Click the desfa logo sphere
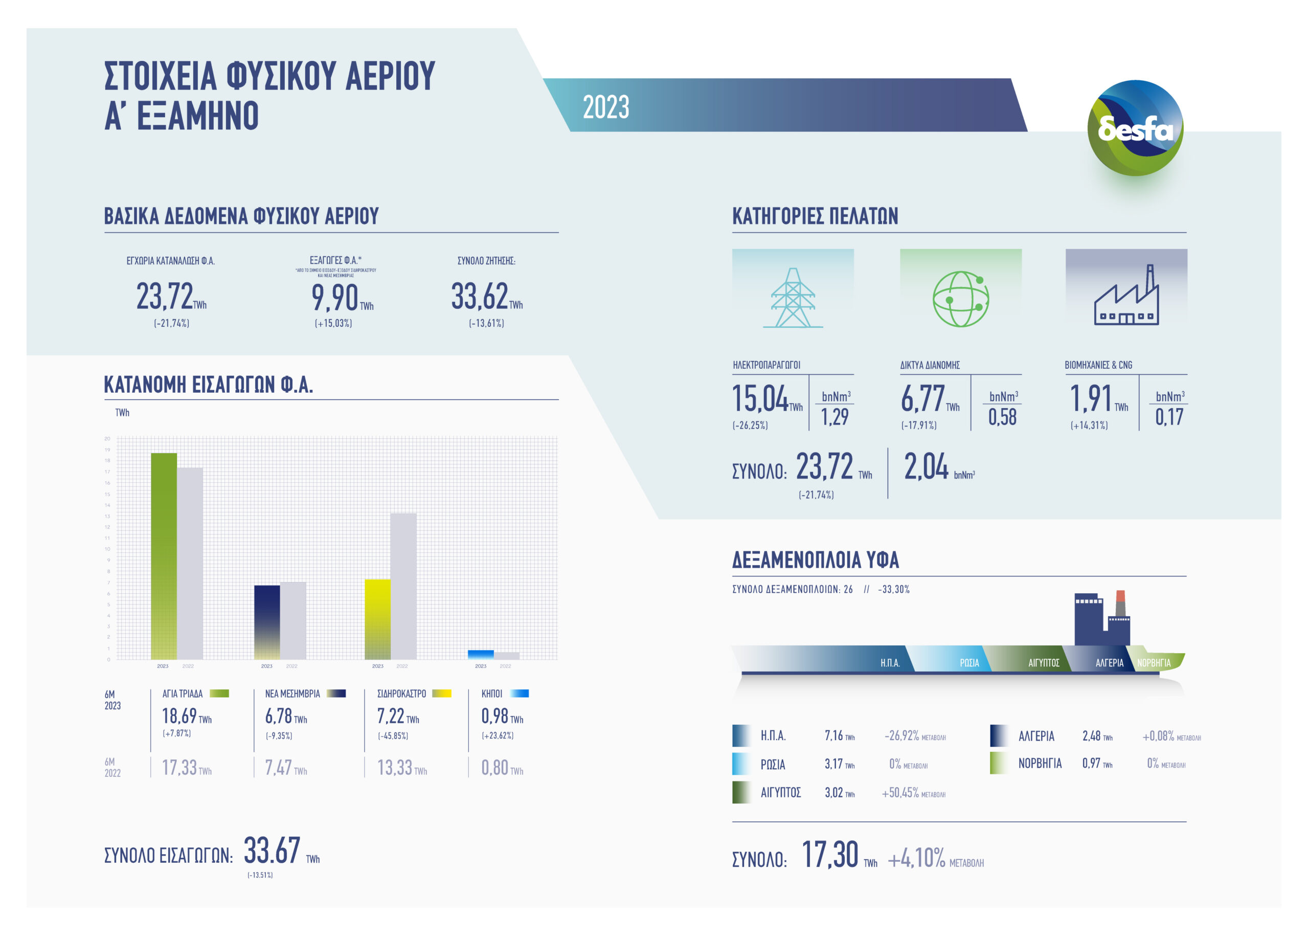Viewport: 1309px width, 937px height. tap(1134, 127)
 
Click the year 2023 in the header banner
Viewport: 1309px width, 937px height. tap(605, 107)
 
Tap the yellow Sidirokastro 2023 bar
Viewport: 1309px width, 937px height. tap(378, 618)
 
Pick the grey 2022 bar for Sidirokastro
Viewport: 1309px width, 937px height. tap(403, 586)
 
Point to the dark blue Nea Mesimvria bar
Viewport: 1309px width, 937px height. tap(267, 622)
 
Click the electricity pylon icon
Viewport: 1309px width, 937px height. tap(793, 298)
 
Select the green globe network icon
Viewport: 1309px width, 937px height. tap(961, 298)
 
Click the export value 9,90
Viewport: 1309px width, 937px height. tap(335, 298)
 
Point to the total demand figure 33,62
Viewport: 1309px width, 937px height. tap(479, 297)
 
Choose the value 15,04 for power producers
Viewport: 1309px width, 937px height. tap(759, 399)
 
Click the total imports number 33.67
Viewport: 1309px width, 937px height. tap(272, 850)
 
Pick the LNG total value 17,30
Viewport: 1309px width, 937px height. tap(830, 855)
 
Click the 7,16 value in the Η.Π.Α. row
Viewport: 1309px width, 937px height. tap(834, 735)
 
